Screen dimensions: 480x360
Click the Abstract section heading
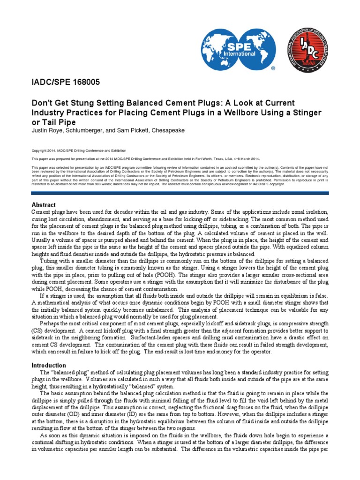(x=43, y=205)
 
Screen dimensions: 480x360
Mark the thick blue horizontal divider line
(x=180, y=193)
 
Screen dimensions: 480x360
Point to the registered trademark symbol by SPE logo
(x=273, y=68)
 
